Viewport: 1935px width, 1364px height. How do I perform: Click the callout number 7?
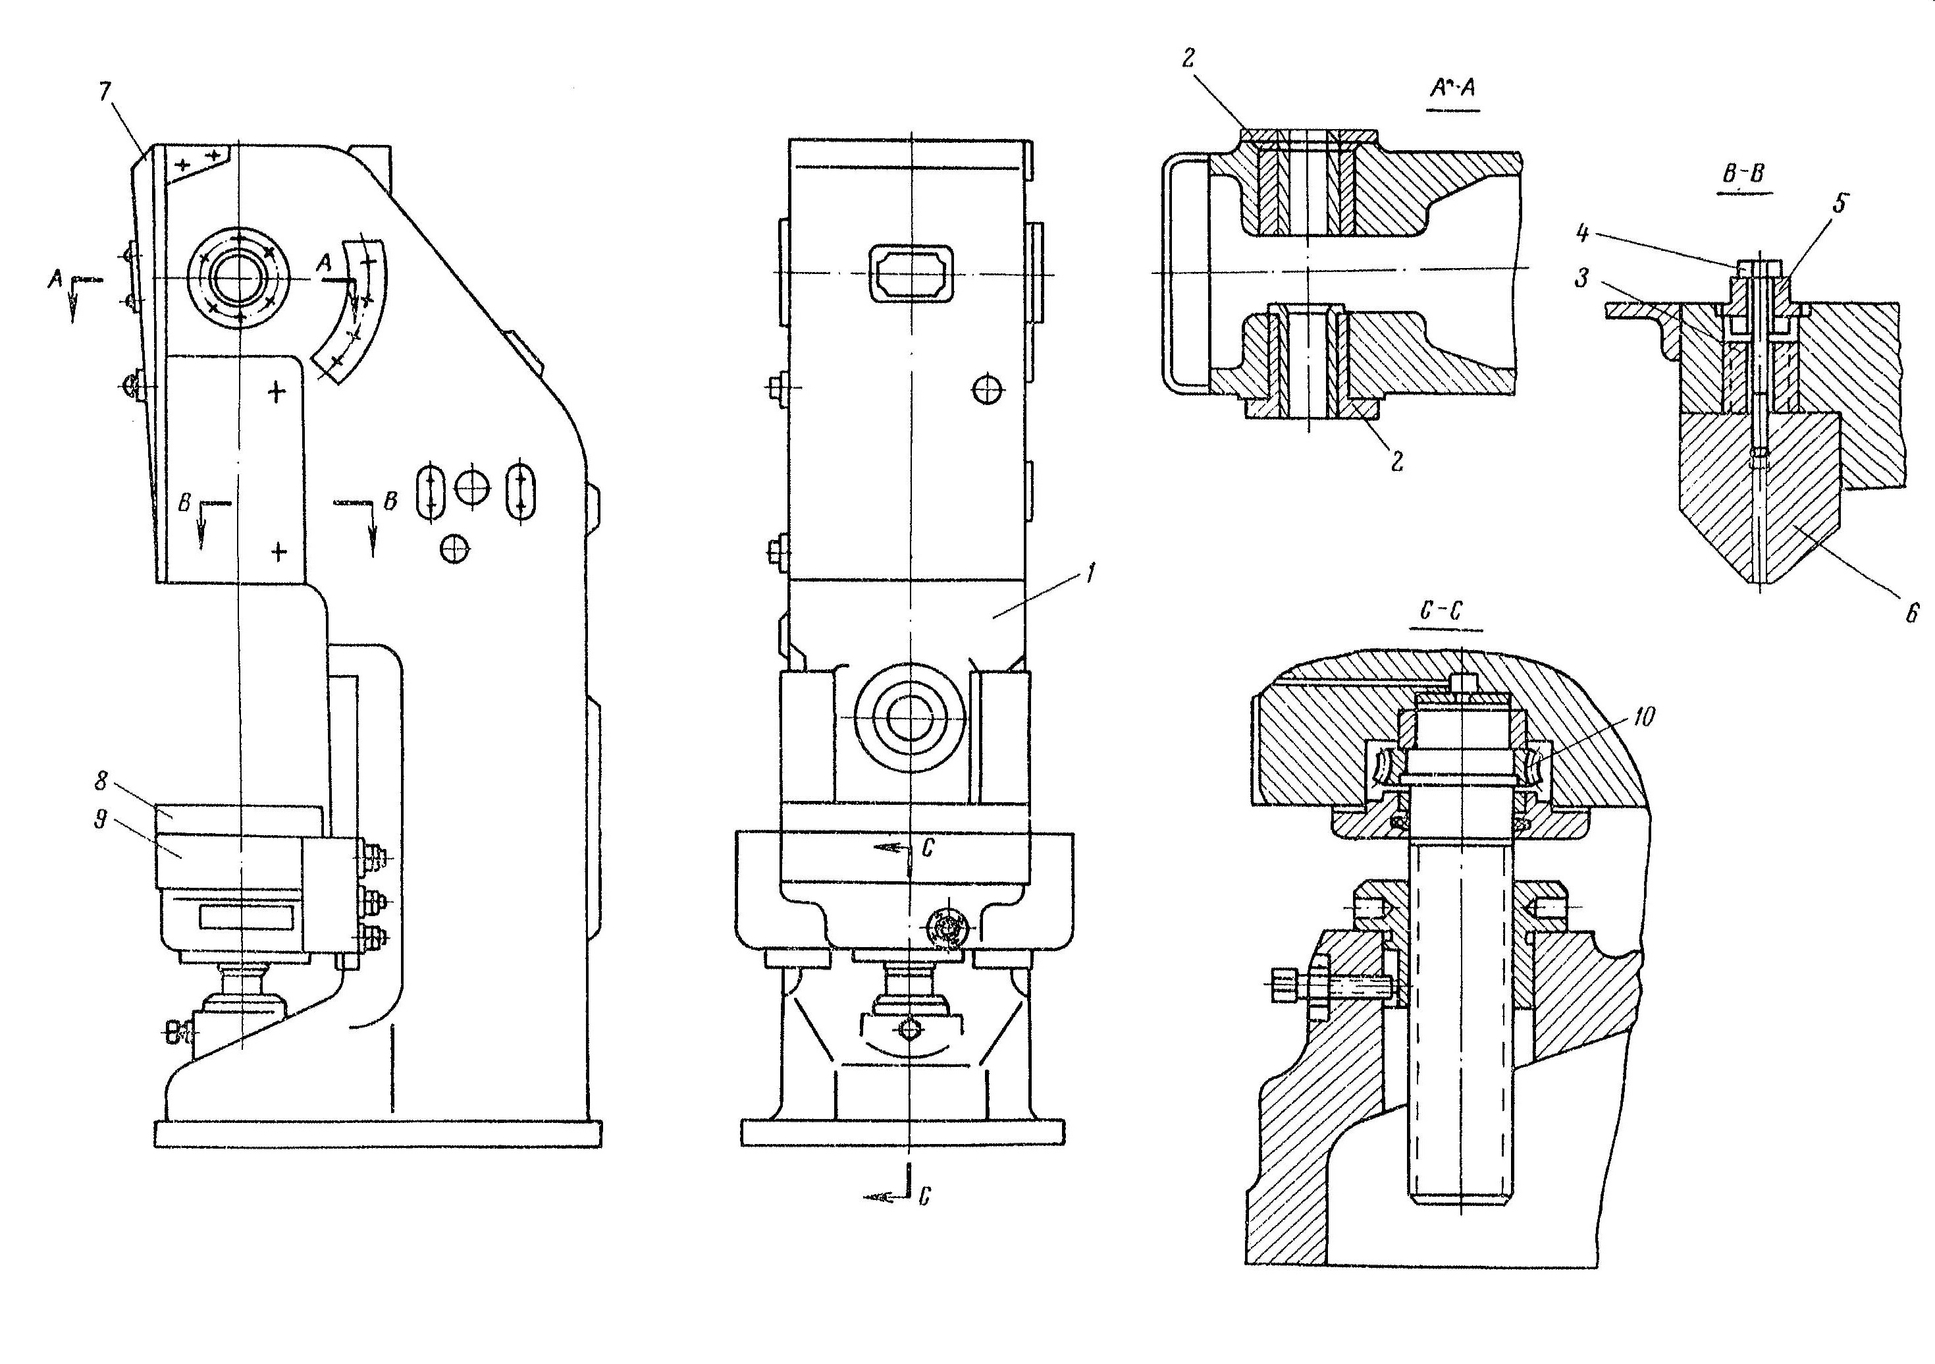pyautogui.click(x=105, y=91)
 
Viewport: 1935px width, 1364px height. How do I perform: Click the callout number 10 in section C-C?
pyautogui.click(x=1643, y=717)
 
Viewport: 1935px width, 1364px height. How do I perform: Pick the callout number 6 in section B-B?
pyautogui.click(x=1911, y=613)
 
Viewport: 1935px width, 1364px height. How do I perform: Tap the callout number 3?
pyautogui.click(x=1582, y=278)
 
